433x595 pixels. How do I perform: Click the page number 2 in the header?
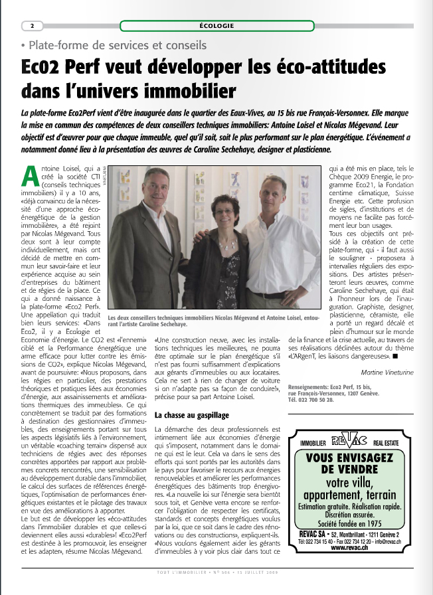[x=33, y=26]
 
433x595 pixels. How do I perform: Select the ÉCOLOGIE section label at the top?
[x=216, y=26]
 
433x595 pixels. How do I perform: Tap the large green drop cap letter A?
[x=30, y=175]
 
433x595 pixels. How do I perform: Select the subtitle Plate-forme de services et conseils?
[x=114, y=46]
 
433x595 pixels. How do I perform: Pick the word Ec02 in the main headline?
[x=45, y=67]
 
